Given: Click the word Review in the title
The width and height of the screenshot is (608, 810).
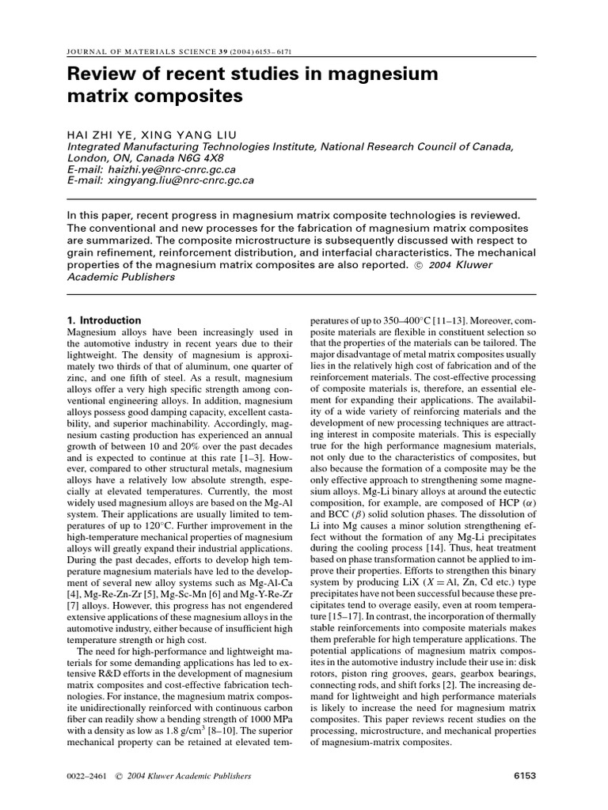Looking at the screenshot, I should (100, 75).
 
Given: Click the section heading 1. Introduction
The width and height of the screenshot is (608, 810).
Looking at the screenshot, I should (104, 320).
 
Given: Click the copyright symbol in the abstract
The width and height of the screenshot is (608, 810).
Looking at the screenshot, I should (420, 265).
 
